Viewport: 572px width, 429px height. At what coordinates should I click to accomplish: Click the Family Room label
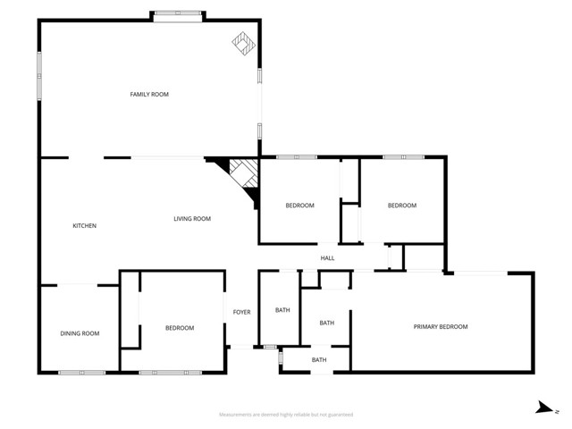(149, 94)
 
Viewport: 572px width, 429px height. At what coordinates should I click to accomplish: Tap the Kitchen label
(84, 225)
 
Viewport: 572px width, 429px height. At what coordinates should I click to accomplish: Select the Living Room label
(192, 219)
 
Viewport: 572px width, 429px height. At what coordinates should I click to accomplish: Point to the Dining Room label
(80, 333)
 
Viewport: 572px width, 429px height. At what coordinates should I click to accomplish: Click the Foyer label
(241, 312)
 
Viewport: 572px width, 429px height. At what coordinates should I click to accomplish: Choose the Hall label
(327, 258)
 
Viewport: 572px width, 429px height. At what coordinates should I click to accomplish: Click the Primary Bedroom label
(440, 327)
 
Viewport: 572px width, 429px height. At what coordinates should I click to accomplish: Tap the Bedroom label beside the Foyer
(180, 328)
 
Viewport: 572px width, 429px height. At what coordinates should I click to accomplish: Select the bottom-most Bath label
(319, 360)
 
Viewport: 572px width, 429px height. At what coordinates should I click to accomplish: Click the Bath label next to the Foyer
(282, 310)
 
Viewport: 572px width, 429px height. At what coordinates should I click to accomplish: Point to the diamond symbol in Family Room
(242, 42)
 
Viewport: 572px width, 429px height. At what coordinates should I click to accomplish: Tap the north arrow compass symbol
(543, 408)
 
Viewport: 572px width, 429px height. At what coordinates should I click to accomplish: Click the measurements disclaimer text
(286, 415)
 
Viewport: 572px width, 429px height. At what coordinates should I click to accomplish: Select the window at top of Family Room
(176, 15)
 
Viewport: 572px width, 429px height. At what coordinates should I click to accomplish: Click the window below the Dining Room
(81, 372)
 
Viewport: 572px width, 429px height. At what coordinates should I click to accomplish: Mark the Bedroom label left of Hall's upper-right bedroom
(299, 206)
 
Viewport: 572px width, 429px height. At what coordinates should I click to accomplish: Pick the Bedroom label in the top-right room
(401, 206)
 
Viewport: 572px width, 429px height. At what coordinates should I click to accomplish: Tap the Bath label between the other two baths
(327, 323)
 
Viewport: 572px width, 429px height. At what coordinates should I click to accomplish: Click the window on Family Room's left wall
(39, 76)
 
